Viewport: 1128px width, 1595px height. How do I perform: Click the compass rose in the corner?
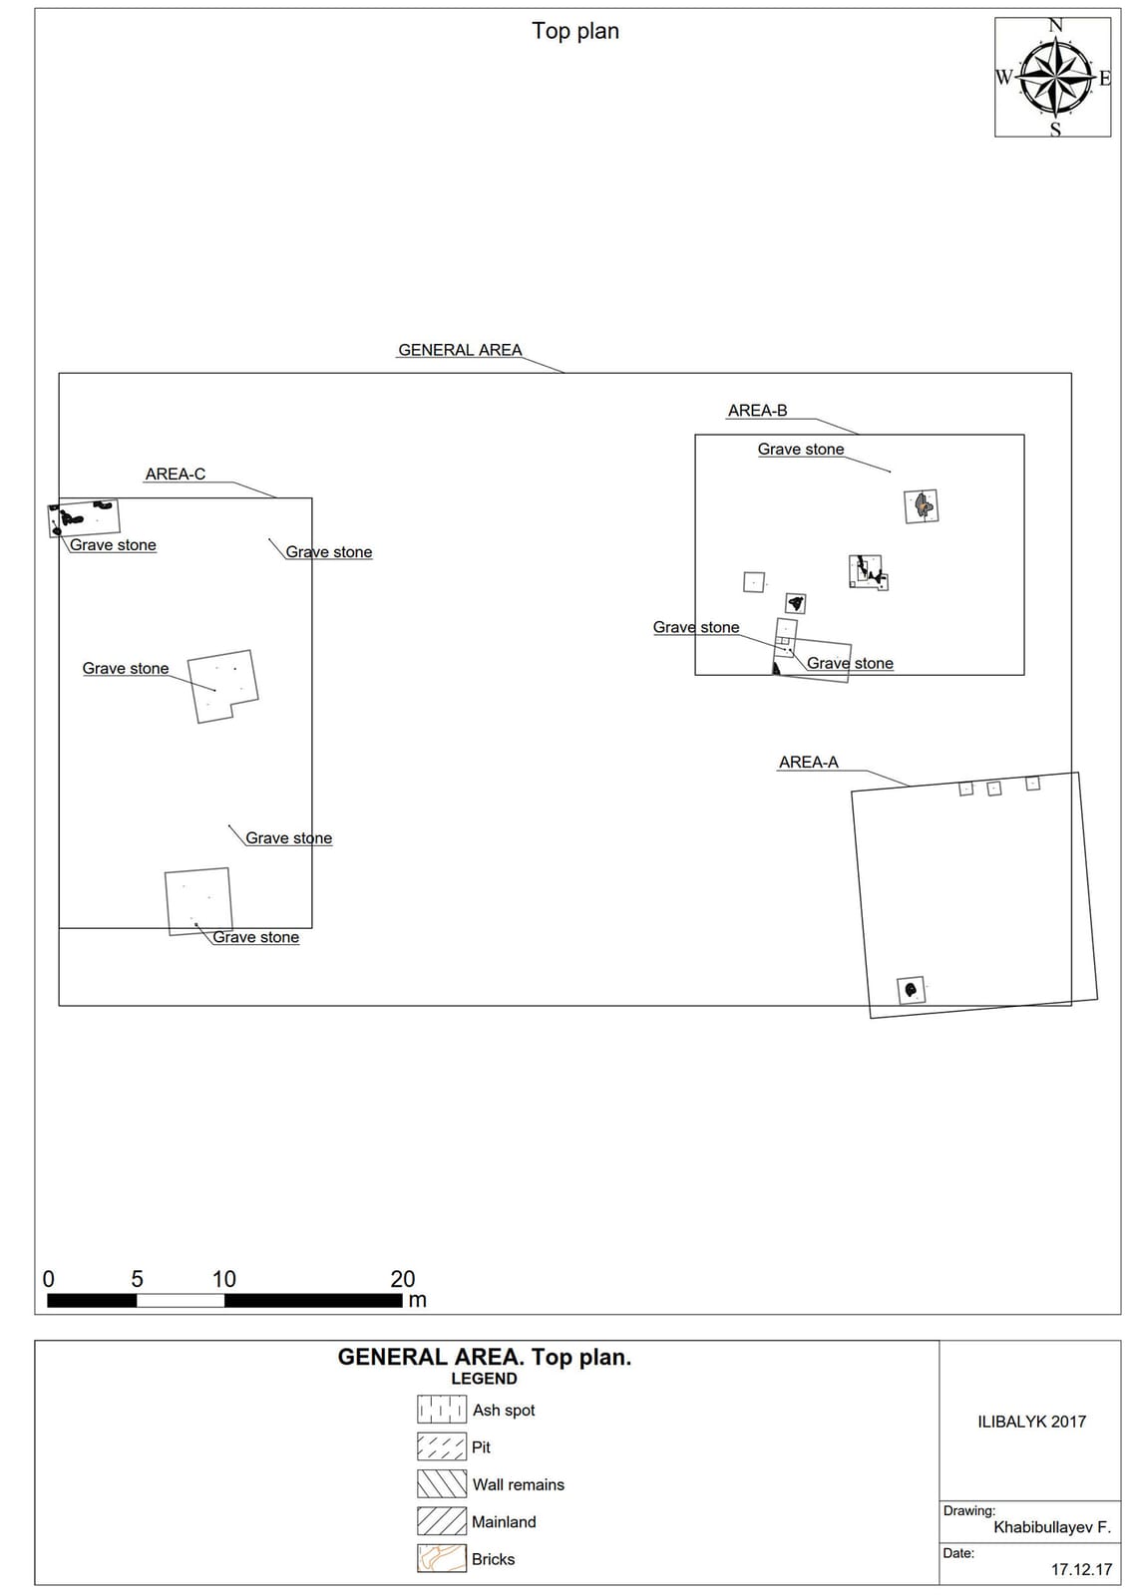coord(1055,77)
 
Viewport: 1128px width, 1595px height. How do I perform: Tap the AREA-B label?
coord(757,411)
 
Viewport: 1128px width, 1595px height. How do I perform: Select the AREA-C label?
coord(176,475)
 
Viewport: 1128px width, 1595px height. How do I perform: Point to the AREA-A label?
coord(809,762)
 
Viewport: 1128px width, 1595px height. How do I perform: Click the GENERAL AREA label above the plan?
coord(460,350)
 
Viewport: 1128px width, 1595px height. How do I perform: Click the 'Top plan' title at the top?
coord(575,31)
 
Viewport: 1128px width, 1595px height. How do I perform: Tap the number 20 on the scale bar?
coord(403,1279)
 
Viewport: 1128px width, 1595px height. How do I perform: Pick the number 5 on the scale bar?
coord(137,1279)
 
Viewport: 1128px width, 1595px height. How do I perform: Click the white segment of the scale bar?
coord(181,1300)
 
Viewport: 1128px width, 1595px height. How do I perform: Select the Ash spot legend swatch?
coord(442,1410)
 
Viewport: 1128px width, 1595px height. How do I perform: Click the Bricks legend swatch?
coord(442,1558)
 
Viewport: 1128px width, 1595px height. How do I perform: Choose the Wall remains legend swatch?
coord(442,1484)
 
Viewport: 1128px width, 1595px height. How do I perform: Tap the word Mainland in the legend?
coord(504,1521)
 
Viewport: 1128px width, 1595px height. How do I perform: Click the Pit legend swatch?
coord(442,1446)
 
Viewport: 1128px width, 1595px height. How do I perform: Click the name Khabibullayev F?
coord(1052,1526)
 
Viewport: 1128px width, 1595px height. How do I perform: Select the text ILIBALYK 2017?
coord(1031,1422)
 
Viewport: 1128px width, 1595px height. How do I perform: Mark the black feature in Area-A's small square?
coord(910,989)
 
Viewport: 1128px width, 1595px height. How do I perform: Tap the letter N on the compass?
coord(1055,26)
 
